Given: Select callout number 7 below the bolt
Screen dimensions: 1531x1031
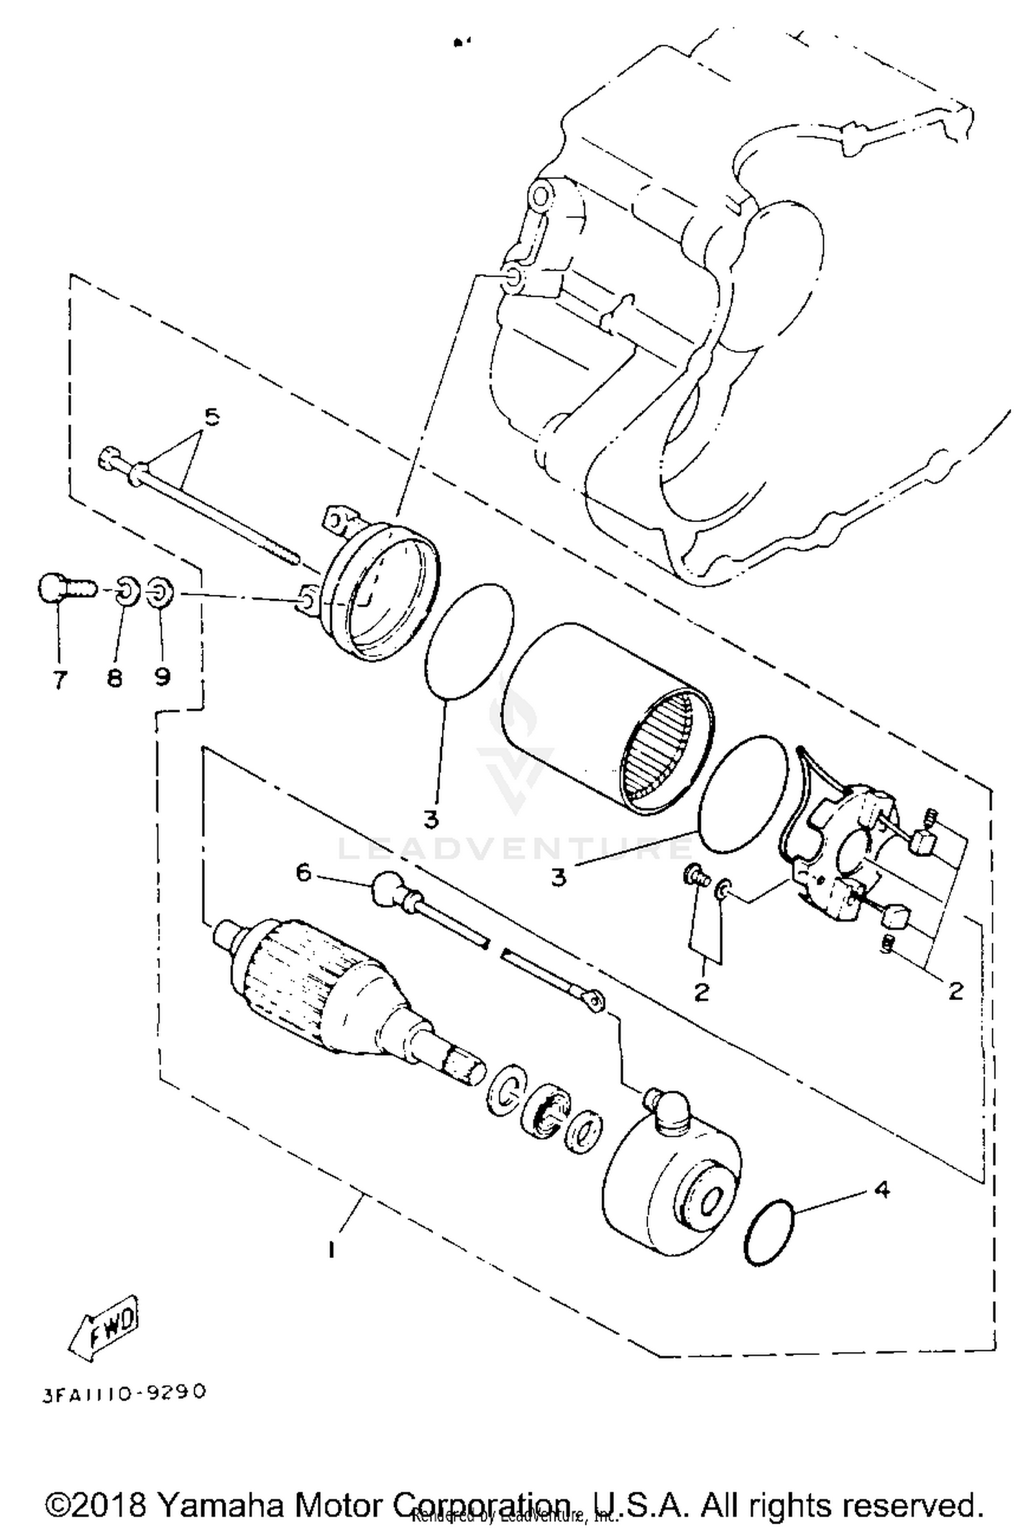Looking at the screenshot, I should click(x=60, y=680).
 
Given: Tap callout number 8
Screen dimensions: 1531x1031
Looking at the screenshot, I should click(x=114, y=679).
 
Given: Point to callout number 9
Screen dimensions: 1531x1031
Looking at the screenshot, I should click(x=162, y=677).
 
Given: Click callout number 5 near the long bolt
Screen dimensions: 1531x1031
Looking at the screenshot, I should click(x=212, y=417).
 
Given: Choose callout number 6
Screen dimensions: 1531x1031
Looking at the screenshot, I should click(x=303, y=873).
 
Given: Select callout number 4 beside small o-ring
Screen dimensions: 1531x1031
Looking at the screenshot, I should click(x=882, y=1188).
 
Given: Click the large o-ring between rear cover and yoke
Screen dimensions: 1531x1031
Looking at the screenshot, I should click(x=469, y=641).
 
